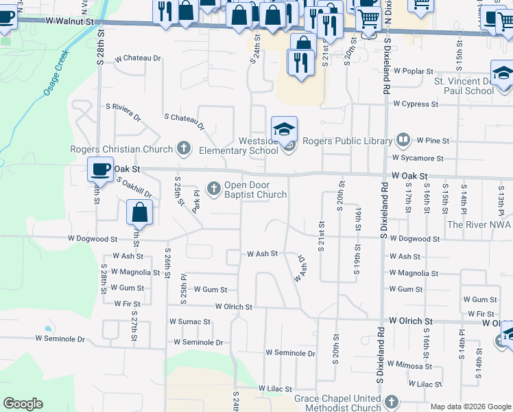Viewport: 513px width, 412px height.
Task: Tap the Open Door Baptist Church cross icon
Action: coord(214,187)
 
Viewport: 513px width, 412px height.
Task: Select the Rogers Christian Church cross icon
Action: coord(183,147)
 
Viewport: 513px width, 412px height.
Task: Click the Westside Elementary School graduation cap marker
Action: coord(284,129)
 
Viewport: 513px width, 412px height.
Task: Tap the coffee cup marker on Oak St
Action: coord(100,169)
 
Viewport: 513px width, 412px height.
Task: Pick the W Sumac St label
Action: coord(191,321)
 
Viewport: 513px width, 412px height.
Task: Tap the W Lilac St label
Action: coord(276,389)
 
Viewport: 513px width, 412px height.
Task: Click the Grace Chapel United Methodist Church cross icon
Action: coord(391,401)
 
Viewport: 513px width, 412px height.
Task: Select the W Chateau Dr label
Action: coord(138,58)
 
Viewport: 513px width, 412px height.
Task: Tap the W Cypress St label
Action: coord(416,104)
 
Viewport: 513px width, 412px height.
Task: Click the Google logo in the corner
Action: coord(23,404)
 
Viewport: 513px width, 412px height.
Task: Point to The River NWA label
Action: coord(479,225)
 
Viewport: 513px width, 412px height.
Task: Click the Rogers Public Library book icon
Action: coord(403,141)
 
